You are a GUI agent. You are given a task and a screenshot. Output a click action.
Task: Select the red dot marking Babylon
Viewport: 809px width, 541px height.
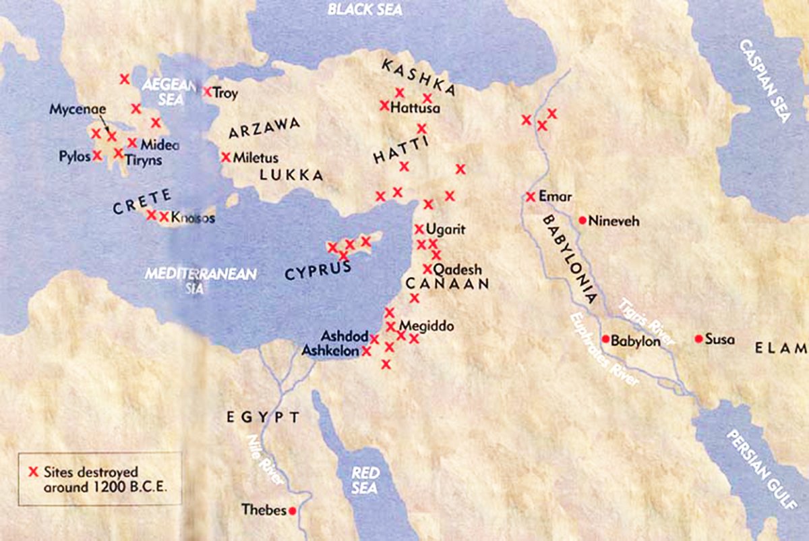click(605, 339)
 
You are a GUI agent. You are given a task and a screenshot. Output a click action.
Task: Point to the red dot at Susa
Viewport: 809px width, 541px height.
click(698, 339)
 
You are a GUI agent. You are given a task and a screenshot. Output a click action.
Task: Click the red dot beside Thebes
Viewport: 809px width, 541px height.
click(292, 511)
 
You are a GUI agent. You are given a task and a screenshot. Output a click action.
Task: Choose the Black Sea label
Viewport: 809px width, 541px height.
click(365, 9)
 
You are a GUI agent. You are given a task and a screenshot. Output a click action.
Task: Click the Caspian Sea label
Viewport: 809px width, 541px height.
click(765, 80)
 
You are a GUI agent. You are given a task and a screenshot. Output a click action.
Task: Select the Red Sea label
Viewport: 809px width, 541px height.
click(365, 480)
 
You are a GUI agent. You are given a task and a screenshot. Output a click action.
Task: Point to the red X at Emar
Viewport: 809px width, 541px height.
click(531, 197)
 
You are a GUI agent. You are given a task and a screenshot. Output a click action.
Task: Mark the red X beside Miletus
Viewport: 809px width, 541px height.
click(226, 157)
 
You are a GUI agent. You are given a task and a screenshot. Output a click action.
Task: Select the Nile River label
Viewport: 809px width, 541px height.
click(258, 463)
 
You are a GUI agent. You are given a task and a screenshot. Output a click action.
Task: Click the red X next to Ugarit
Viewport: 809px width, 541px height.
click(419, 229)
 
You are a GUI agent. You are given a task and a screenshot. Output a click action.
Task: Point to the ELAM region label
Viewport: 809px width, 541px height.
click(781, 349)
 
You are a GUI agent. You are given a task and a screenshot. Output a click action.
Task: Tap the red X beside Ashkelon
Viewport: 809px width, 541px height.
click(367, 351)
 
